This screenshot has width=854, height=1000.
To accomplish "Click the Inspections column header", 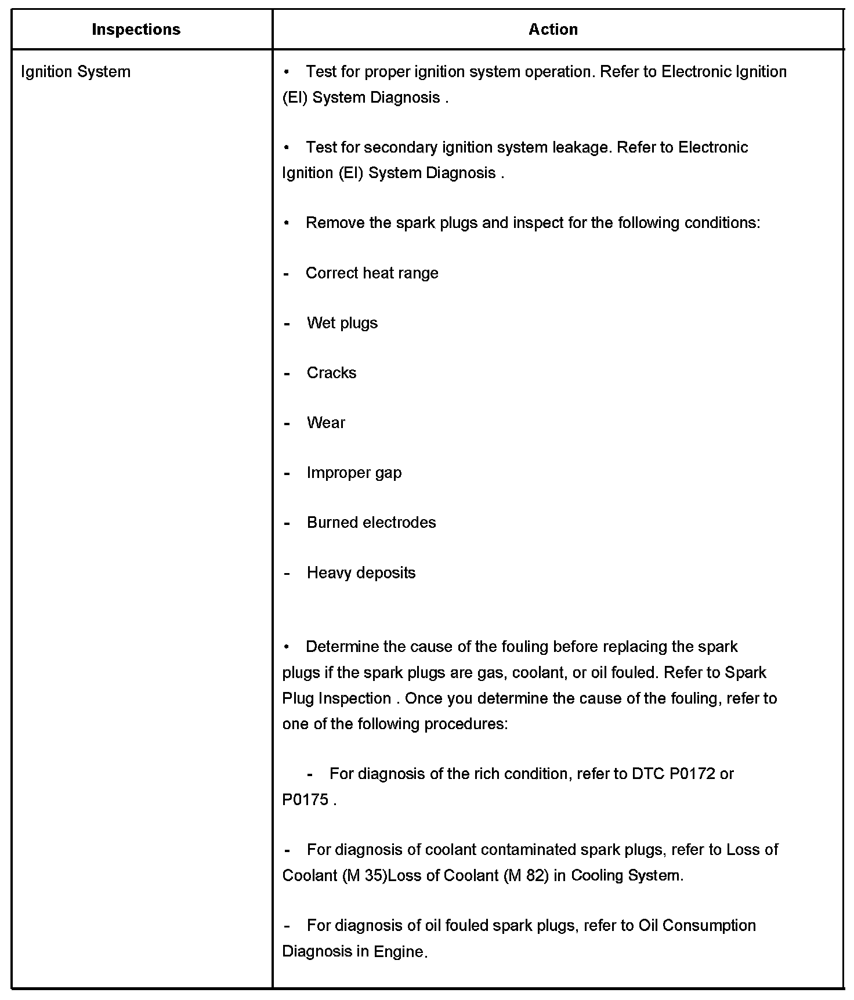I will (136, 30).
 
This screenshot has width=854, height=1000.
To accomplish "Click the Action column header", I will (553, 30).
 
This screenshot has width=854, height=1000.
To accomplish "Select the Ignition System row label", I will (75, 72).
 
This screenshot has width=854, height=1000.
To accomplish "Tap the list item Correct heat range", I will (372, 273).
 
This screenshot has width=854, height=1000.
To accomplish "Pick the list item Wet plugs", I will (342, 323).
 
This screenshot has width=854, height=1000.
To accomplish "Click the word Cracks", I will (331, 373).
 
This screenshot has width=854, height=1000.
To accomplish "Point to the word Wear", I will (325, 423).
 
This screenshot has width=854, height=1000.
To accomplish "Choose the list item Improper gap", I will (354, 473).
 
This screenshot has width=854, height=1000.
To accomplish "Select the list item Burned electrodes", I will (371, 523).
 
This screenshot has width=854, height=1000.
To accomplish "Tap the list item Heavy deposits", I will (361, 573).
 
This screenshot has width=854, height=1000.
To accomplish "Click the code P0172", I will (692, 774).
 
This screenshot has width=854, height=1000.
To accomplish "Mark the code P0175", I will (305, 800).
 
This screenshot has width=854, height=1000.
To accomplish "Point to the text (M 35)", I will (365, 875).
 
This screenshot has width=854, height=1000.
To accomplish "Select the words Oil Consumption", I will (697, 925).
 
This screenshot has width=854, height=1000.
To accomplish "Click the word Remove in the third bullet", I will (331, 223).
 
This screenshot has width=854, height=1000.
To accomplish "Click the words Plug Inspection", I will (336, 698).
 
